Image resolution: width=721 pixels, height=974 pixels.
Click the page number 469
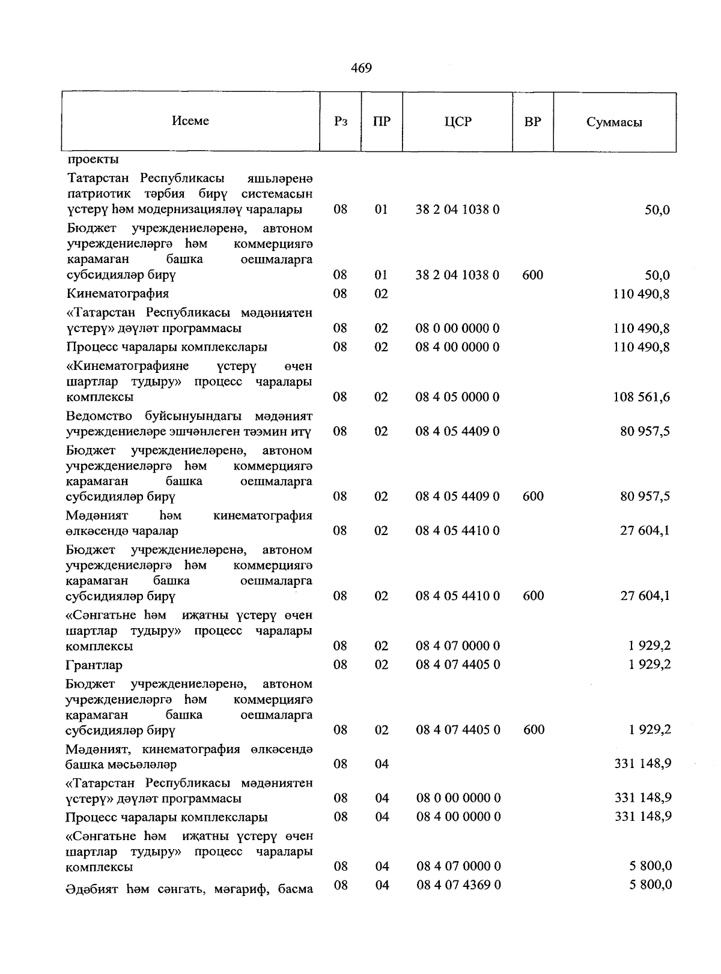pyautogui.click(x=361, y=68)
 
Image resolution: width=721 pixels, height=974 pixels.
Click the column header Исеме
pyautogui.click(x=190, y=121)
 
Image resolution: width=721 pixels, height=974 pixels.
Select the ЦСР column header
pyautogui.click(x=458, y=122)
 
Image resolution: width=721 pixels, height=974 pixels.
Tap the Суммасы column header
pyautogui.click(x=614, y=123)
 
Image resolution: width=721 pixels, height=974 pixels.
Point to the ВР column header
pyautogui.click(x=532, y=122)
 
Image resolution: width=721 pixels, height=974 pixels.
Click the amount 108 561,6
pyautogui.click(x=641, y=398)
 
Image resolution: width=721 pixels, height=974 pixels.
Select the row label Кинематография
pyautogui.click(x=117, y=294)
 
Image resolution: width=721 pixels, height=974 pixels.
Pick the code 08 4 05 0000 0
pyautogui.click(x=457, y=397)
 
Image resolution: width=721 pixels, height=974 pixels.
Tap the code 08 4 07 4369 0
pyautogui.click(x=458, y=885)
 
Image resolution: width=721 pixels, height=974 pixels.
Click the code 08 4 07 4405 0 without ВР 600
pyautogui.click(x=457, y=665)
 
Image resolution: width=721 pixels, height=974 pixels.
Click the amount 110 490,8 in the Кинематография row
pyautogui.click(x=641, y=294)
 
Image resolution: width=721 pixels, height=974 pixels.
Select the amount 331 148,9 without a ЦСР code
pyautogui.click(x=642, y=764)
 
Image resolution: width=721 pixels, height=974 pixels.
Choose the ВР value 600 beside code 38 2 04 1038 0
pyautogui.click(x=533, y=275)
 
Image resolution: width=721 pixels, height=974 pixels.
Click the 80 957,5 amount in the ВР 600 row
pyautogui.click(x=645, y=497)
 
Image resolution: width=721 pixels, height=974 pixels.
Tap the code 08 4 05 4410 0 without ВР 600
pyautogui.click(x=457, y=531)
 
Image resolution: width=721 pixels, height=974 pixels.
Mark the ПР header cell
pyautogui.click(x=382, y=122)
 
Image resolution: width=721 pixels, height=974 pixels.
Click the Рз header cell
pyautogui.click(x=341, y=122)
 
